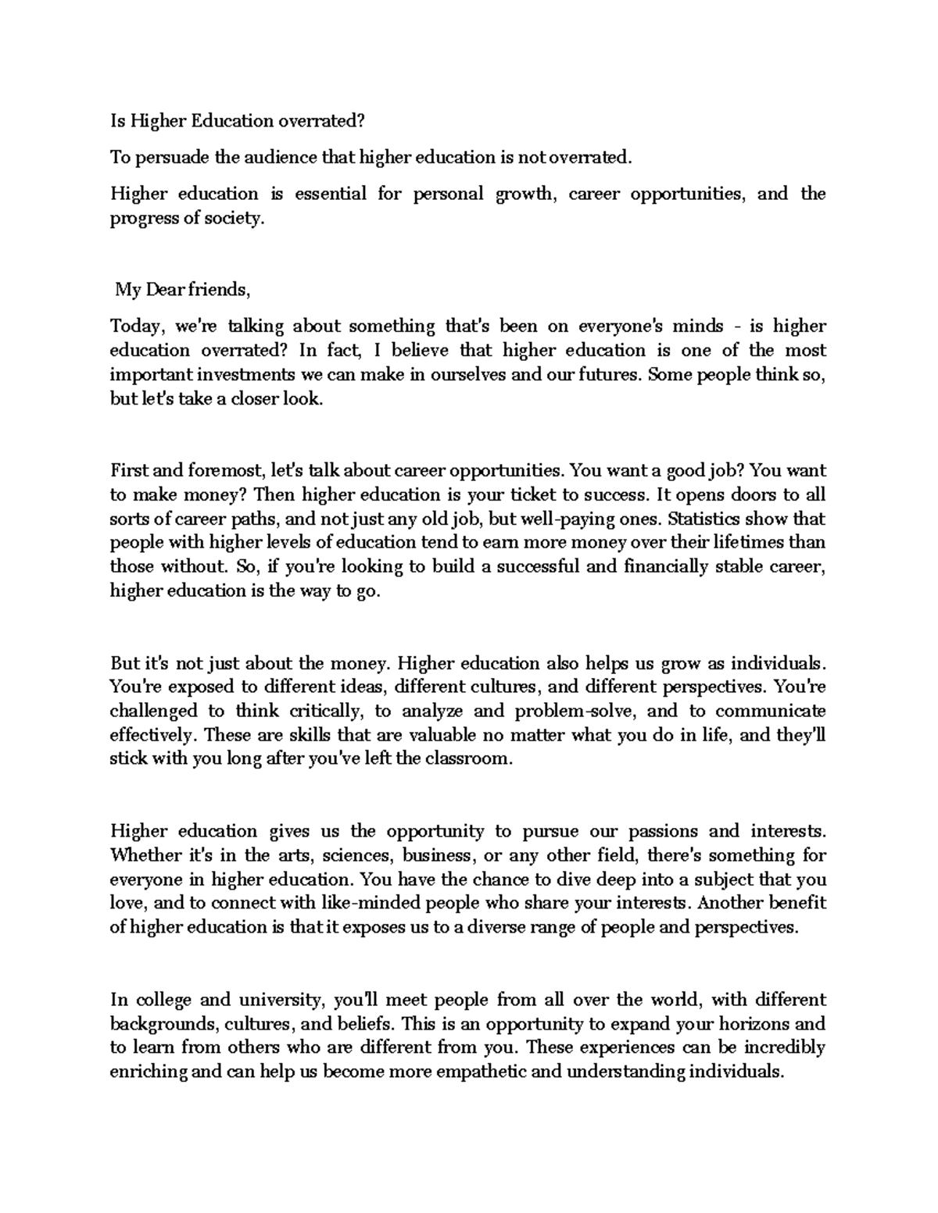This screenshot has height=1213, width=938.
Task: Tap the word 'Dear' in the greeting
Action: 158,290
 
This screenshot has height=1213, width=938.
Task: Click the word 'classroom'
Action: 468,759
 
